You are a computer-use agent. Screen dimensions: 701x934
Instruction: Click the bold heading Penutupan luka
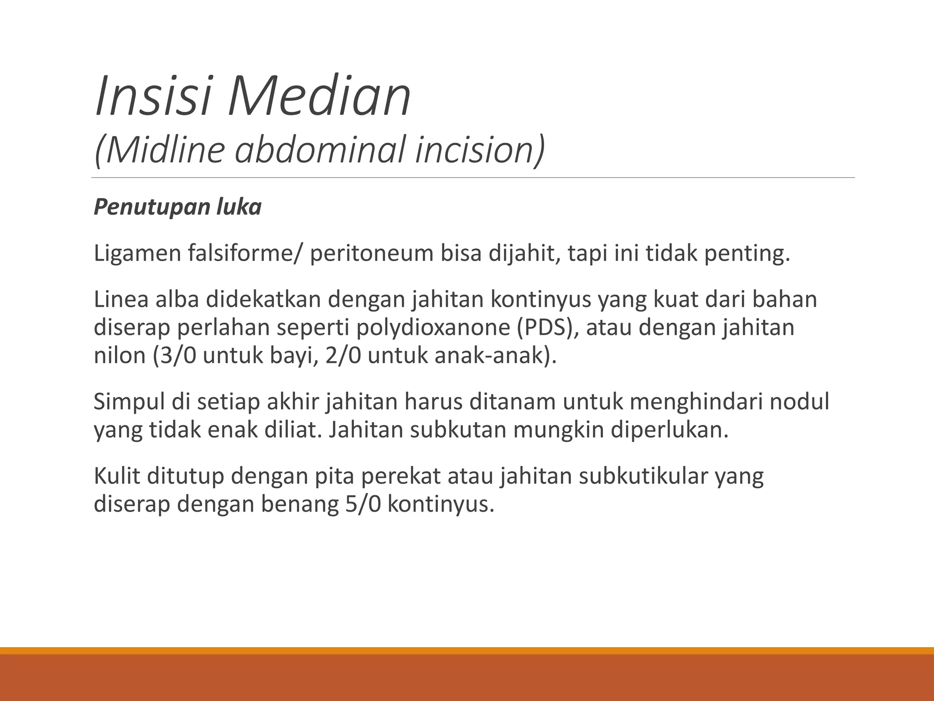pos(177,207)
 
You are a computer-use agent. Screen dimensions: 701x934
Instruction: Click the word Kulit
pos(116,476)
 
